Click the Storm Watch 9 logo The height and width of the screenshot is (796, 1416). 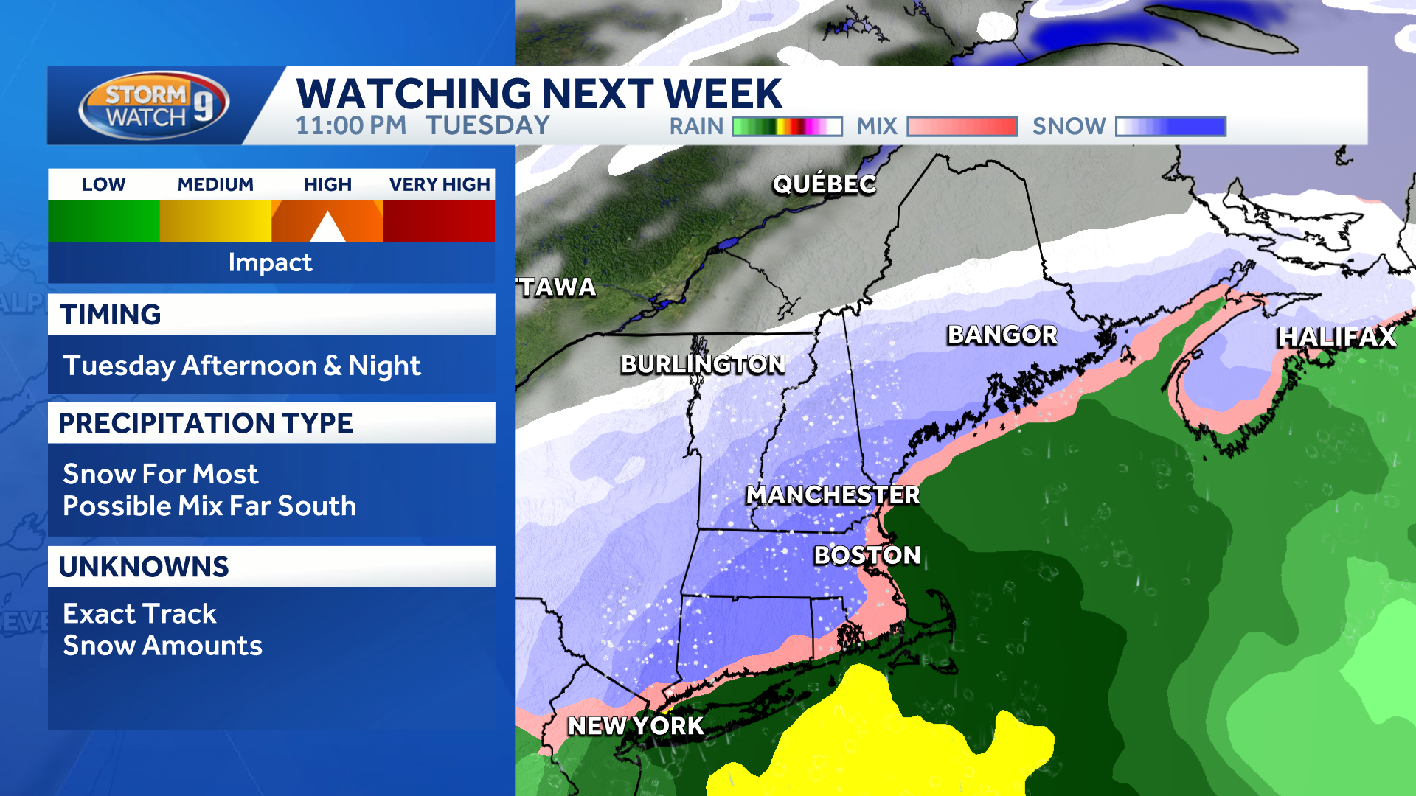click(153, 105)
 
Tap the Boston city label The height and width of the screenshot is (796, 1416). click(867, 555)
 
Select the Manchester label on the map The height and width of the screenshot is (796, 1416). click(833, 495)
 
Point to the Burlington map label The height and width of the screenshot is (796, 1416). click(703, 364)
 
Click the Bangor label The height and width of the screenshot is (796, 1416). click(1002, 335)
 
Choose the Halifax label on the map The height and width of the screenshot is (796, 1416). click(1336, 337)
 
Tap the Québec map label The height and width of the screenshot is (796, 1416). click(824, 184)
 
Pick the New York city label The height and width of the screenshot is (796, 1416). click(636, 726)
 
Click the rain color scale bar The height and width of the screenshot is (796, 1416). click(787, 127)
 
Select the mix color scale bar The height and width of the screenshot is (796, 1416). click(962, 127)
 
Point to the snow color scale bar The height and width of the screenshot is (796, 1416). click(1170, 127)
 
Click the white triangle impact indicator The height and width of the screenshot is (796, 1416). click(327, 228)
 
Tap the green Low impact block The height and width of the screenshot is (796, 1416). click(104, 220)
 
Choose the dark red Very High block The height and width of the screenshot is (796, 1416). click(439, 220)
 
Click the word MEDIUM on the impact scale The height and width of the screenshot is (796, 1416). click(215, 184)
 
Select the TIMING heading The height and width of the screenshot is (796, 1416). click(111, 315)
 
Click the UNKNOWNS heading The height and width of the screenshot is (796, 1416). click(144, 567)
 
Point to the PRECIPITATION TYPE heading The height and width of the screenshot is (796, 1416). click(206, 423)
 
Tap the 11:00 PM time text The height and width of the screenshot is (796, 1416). click(351, 126)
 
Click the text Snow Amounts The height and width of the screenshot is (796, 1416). click(162, 646)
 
